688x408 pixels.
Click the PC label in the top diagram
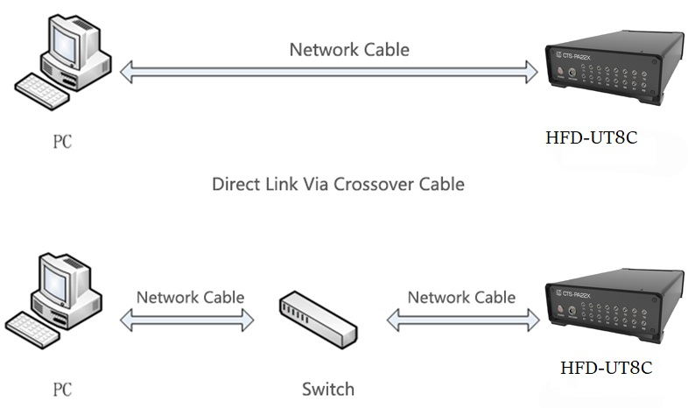pyautogui.click(x=62, y=142)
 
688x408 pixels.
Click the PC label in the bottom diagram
pyautogui.click(x=62, y=390)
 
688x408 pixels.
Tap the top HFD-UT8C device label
pyautogui.click(x=591, y=137)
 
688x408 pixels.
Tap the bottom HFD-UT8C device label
pyautogui.click(x=606, y=368)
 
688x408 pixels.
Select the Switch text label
pyautogui.click(x=328, y=389)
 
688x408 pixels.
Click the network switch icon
pyautogui.click(x=319, y=320)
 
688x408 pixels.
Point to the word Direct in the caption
pyautogui.click(x=236, y=184)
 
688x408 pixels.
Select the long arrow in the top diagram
pyautogui.click(x=328, y=72)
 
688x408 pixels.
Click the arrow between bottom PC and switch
pyautogui.click(x=187, y=320)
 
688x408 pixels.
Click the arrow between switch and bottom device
pyautogui.click(x=463, y=320)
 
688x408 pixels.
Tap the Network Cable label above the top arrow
pyautogui.click(x=349, y=50)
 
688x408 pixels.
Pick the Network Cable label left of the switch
pyautogui.click(x=191, y=298)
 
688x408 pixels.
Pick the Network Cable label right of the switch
pyautogui.click(x=461, y=298)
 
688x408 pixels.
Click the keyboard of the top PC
pyautogui.click(x=42, y=91)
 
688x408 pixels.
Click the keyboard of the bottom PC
pyautogui.click(x=32, y=330)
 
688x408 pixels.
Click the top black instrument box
pyautogui.click(x=614, y=67)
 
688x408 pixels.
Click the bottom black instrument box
pyautogui.click(x=614, y=306)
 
